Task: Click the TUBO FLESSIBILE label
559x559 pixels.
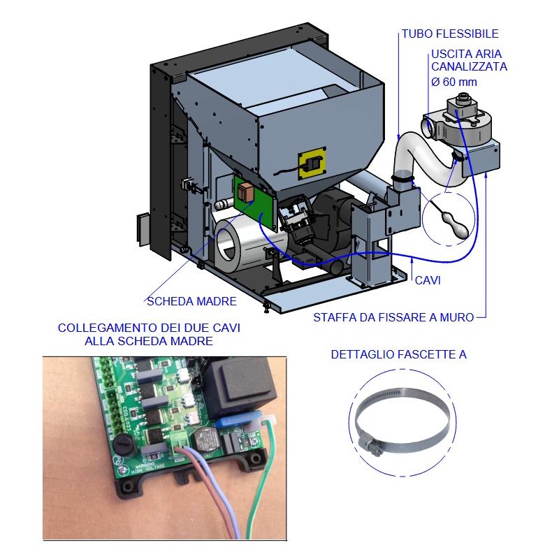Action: click(x=450, y=33)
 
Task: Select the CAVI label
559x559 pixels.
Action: click(x=428, y=280)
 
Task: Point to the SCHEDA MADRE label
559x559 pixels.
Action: click(x=191, y=302)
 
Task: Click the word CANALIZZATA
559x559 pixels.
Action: click(x=470, y=67)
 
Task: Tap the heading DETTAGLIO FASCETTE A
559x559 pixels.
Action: click(x=398, y=355)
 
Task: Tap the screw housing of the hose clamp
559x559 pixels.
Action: click(x=370, y=443)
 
